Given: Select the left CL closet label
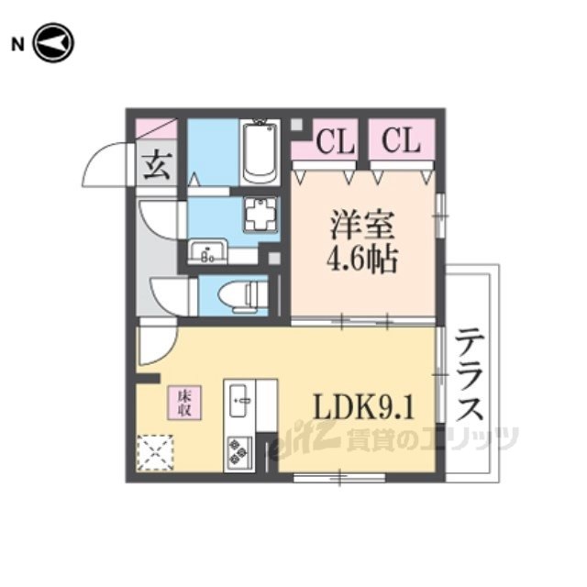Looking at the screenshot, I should [336, 141].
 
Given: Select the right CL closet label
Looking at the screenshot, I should [401, 141].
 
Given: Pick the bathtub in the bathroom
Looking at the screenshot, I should [260, 151].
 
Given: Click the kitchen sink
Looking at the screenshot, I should [240, 400].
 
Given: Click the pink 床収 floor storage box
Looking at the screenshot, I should [183, 403].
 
